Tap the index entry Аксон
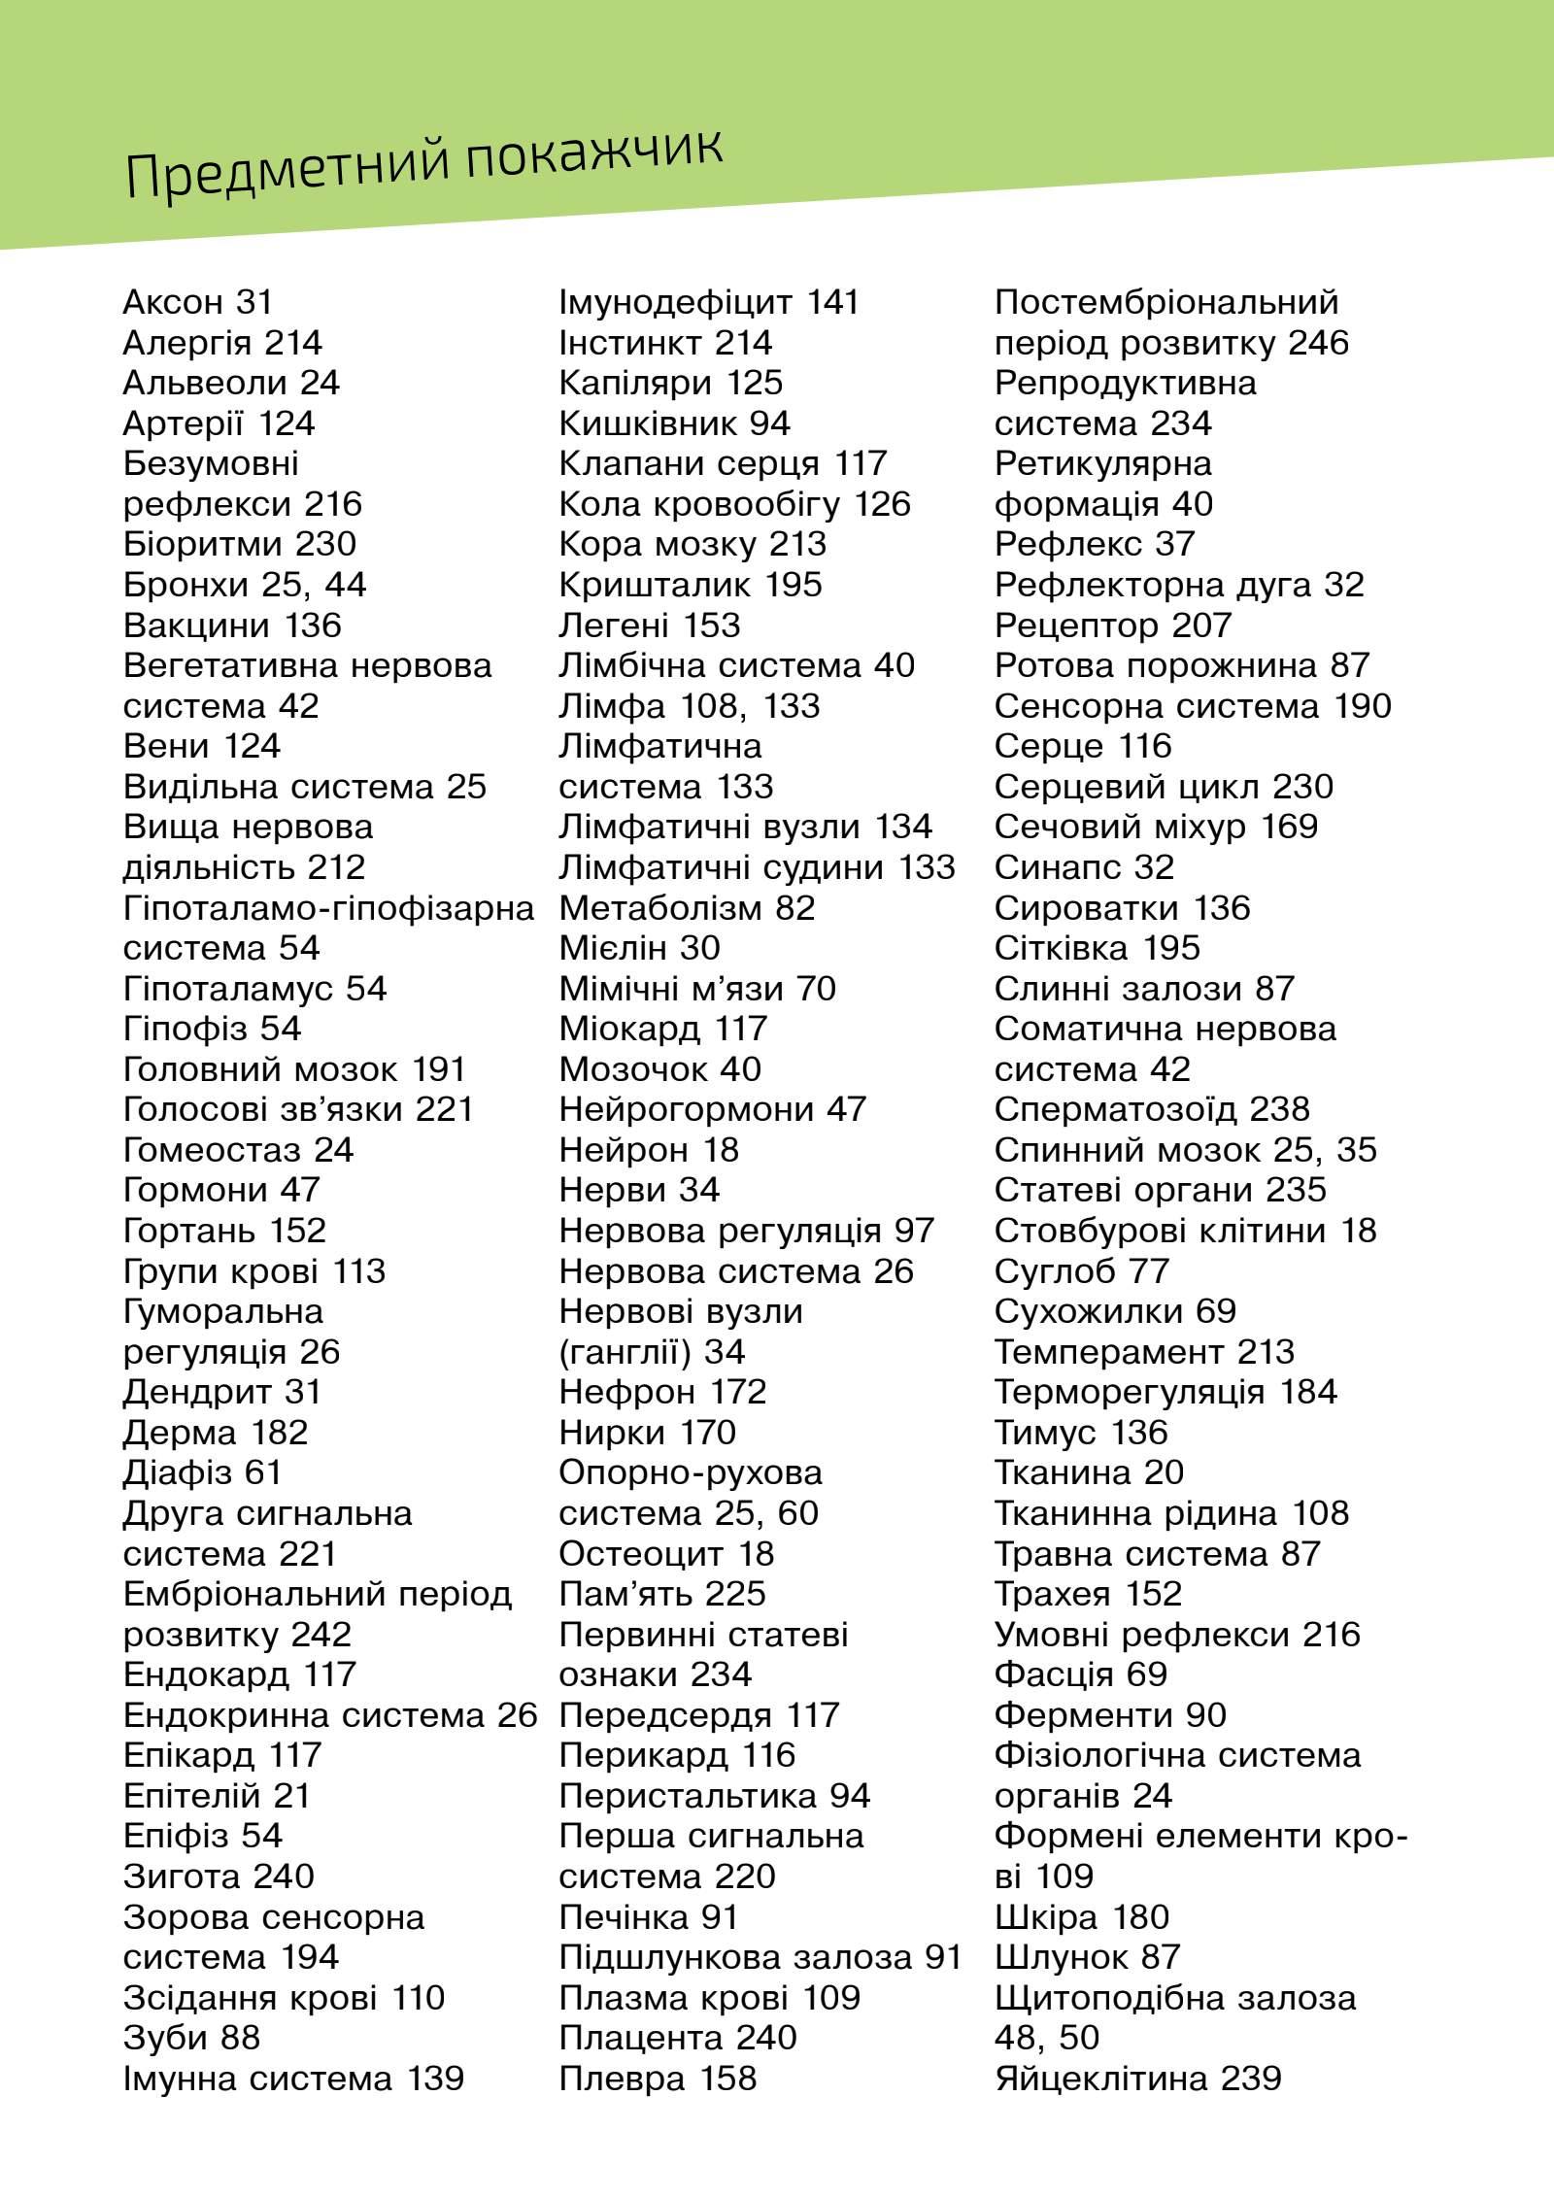tap(173, 303)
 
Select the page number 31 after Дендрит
tap(302, 1392)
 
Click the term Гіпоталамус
tap(227, 989)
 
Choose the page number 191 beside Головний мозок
tap(439, 1069)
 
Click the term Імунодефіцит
tap(675, 303)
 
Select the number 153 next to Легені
tap(711, 626)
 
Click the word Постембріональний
tap(1166, 303)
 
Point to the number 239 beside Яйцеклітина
tap(1253, 2079)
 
